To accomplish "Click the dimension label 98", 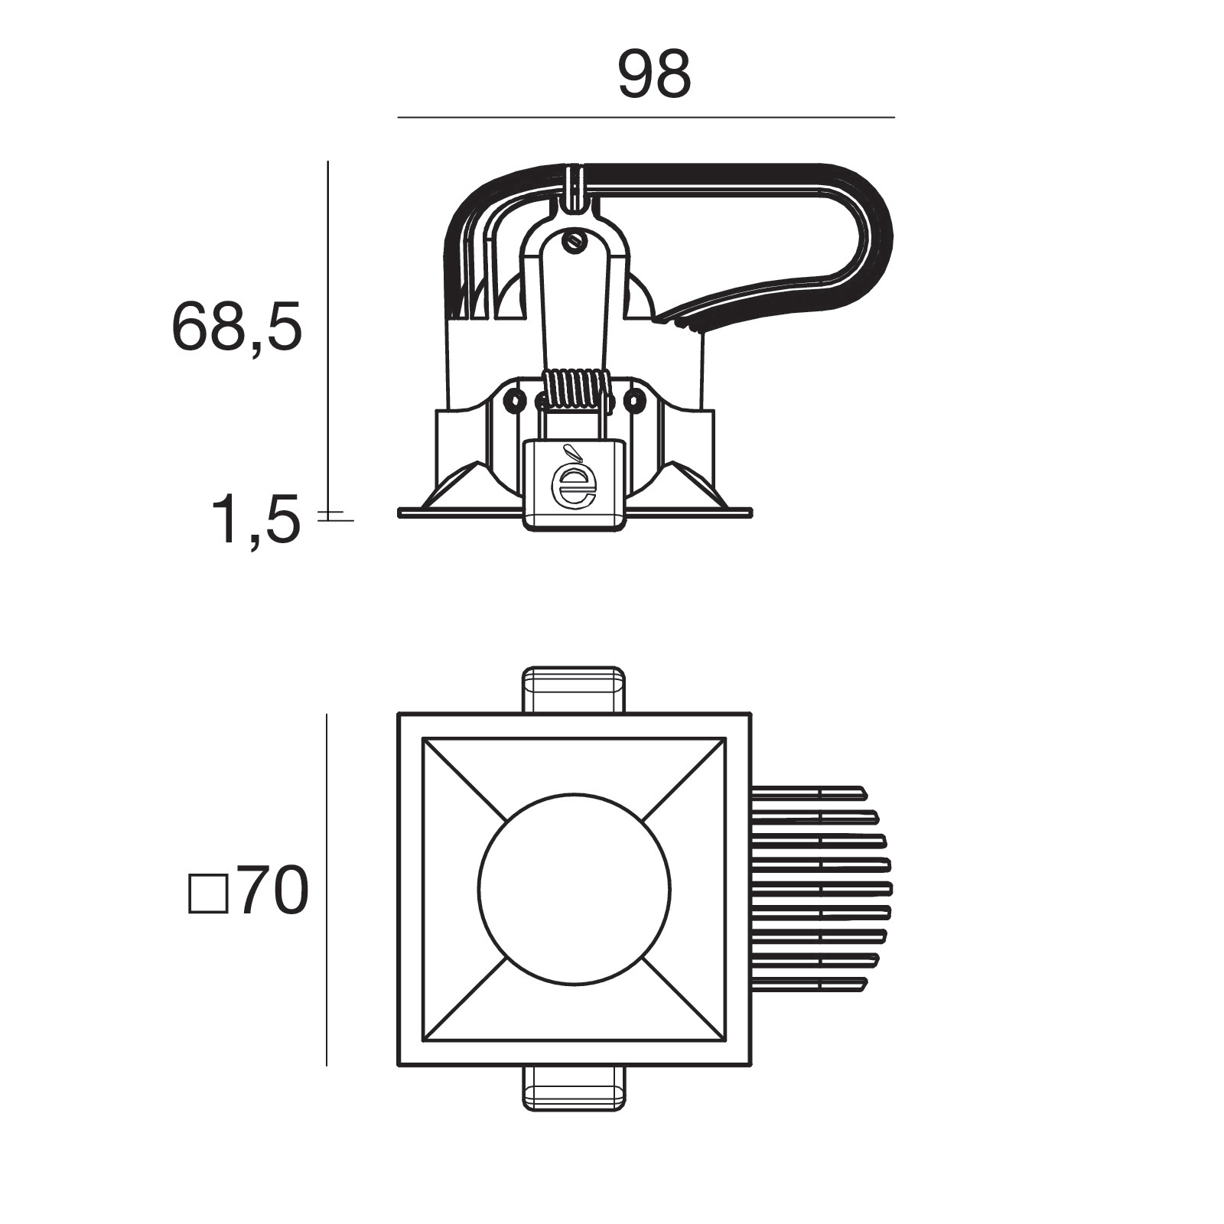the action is point(654,74).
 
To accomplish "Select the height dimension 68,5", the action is point(237,326).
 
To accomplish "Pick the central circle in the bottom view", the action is point(575,890).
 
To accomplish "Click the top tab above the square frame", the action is point(574,690).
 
